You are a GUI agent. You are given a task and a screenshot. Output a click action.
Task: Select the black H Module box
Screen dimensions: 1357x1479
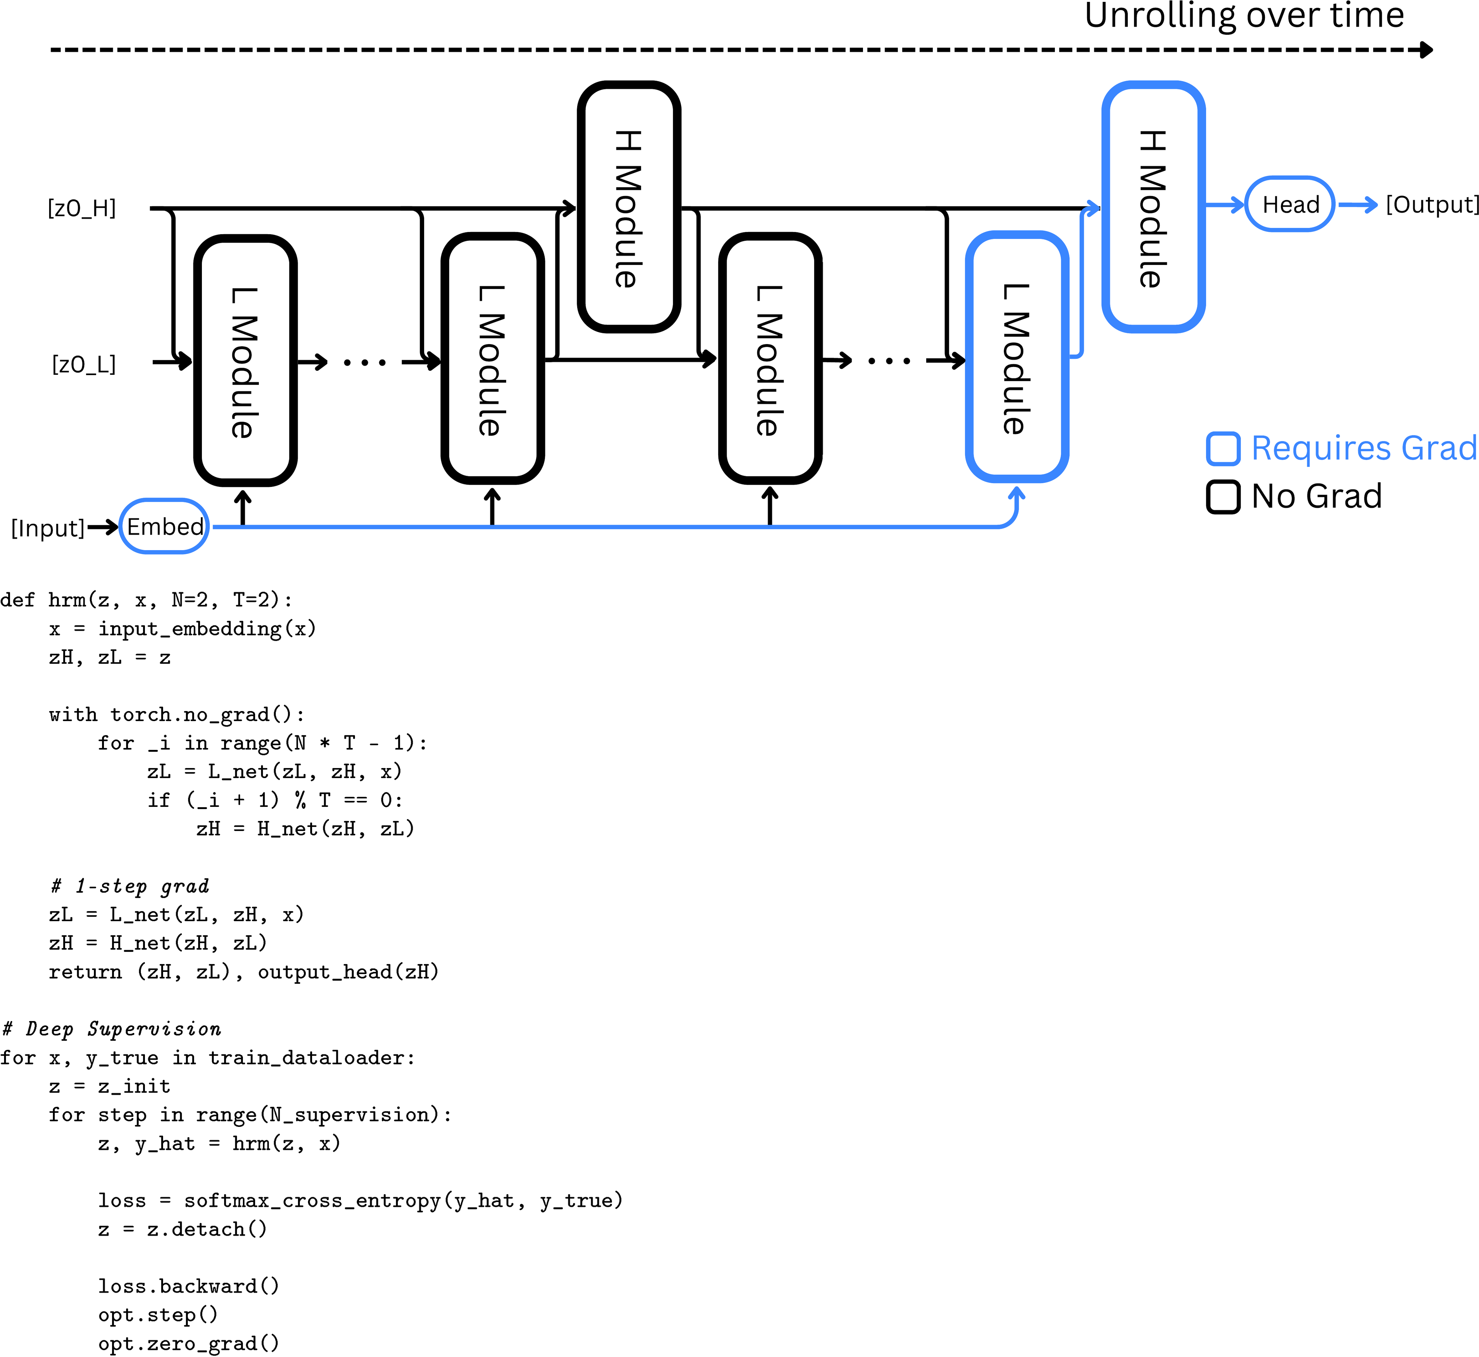point(628,207)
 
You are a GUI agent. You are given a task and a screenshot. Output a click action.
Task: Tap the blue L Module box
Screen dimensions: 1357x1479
point(1016,358)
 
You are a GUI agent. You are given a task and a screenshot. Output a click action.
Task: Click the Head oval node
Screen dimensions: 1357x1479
point(1290,204)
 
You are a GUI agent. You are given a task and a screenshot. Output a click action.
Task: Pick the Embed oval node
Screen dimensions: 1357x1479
point(165,526)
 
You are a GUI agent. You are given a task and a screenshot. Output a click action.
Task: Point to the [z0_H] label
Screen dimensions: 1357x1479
point(81,209)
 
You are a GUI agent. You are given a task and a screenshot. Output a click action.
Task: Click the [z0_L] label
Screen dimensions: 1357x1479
point(84,364)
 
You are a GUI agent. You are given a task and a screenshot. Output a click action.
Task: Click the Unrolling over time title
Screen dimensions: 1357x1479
point(1244,16)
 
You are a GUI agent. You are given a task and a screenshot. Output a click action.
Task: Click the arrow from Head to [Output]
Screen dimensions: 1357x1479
point(1358,205)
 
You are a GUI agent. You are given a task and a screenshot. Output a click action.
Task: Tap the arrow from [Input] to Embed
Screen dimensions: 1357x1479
point(103,526)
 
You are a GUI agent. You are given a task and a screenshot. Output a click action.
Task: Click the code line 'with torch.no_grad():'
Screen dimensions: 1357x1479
point(176,714)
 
